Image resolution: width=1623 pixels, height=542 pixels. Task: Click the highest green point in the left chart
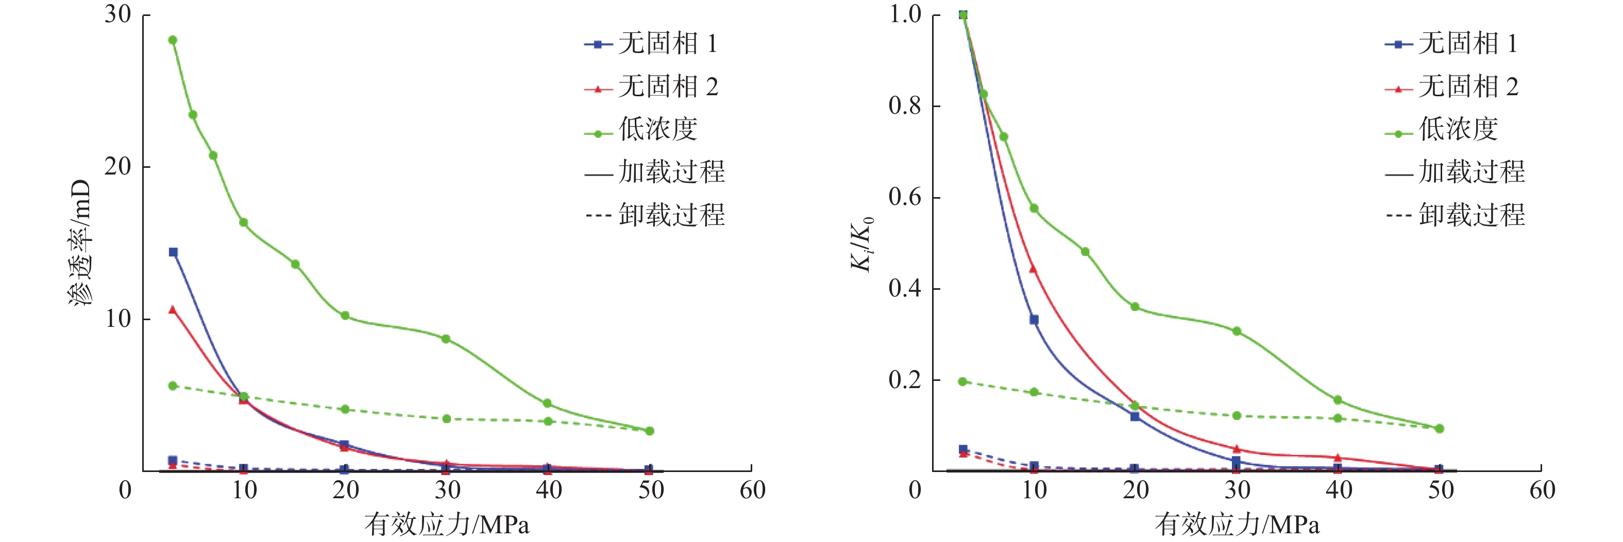point(173,40)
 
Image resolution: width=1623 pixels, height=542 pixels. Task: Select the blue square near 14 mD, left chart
point(173,252)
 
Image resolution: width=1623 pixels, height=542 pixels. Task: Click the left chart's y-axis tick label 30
point(118,14)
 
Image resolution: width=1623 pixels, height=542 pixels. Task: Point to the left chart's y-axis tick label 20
point(118,167)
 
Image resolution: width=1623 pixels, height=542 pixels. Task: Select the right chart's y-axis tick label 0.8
point(905,106)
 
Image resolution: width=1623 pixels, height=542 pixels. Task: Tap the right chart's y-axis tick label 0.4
point(905,289)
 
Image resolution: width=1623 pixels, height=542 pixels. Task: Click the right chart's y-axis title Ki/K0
point(862,243)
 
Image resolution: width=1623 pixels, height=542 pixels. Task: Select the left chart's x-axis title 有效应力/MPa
point(447,524)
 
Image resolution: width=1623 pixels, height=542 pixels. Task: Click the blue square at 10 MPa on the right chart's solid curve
point(1034,320)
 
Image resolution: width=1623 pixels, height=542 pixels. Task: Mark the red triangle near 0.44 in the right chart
point(1033,269)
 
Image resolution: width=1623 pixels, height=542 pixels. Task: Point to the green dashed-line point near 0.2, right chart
point(962,381)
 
